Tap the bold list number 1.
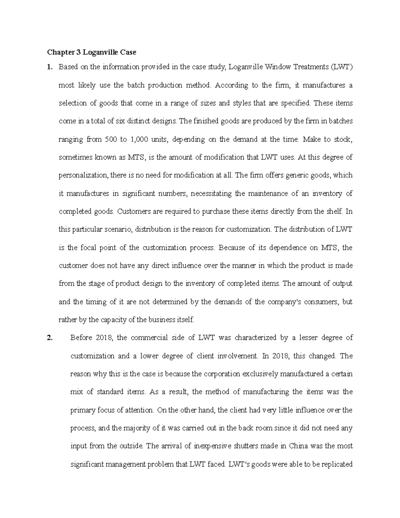pos(49,67)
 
